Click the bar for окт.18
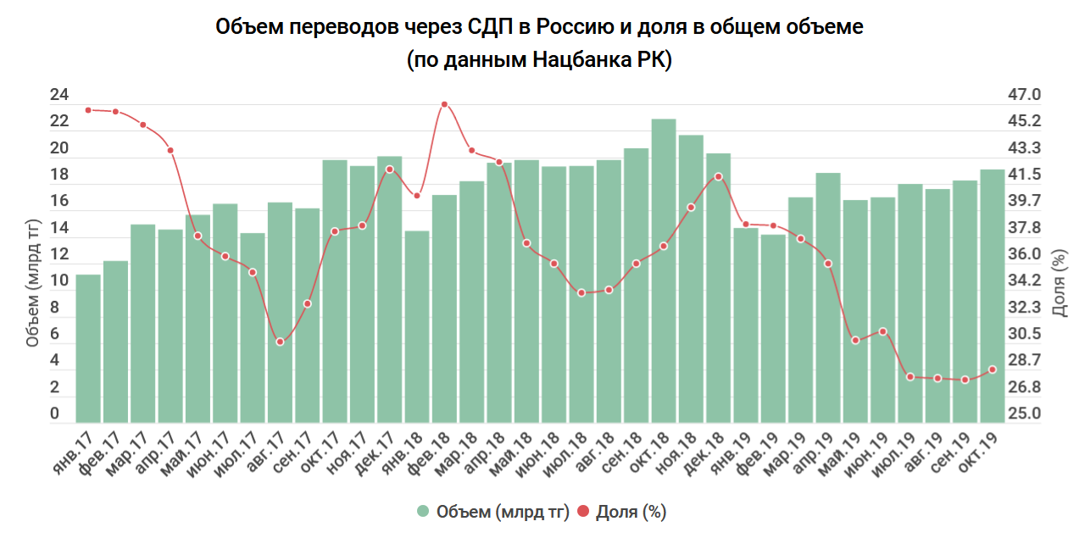(x=664, y=270)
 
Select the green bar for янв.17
(x=88, y=347)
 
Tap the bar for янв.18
(x=417, y=326)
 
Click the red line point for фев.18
(x=444, y=104)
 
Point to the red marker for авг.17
(x=280, y=341)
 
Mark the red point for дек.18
(x=718, y=176)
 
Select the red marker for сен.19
(x=965, y=380)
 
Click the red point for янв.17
(x=88, y=110)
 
